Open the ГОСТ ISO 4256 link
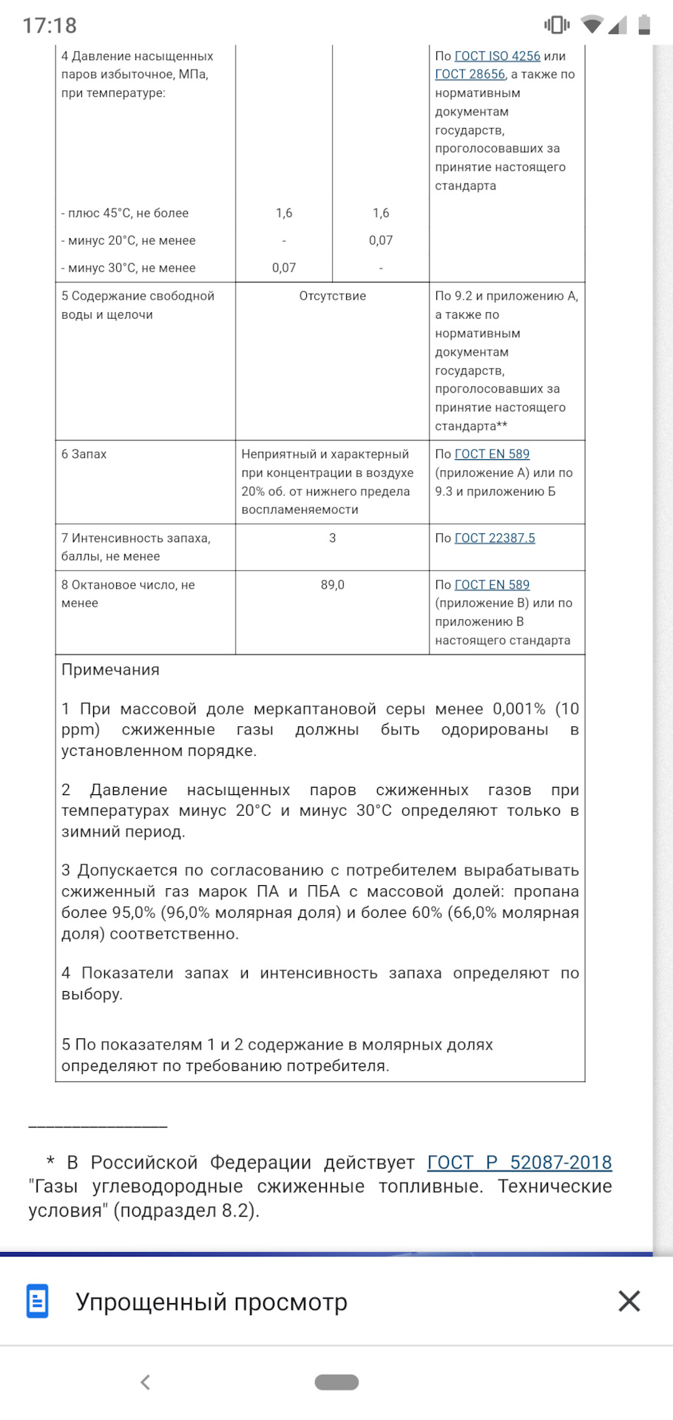[497, 56]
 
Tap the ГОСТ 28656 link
[470, 75]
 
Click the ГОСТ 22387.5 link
[494, 538]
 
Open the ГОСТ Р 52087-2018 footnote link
[519, 1163]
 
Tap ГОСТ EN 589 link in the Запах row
[492, 454]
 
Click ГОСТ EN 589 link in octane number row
[492, 585]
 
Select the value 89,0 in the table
[332, 585]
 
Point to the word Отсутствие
[332, 296]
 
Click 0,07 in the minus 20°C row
[381, 240]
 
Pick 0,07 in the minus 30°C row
[284, 268]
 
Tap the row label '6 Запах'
[84, 454]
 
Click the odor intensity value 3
[332, 538]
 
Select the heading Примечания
[110, 670]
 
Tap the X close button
[629, 1301]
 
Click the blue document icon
[38, 1301]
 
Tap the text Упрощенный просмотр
[212, 1302]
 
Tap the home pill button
[336, 1382]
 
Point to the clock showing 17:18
[50, 26]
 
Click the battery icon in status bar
[644, 25]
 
